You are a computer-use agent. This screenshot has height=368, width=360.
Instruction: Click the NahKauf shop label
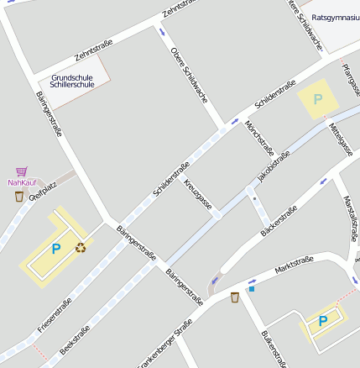coord(22,182)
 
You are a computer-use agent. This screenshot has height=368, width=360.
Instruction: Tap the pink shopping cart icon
coord(22,171)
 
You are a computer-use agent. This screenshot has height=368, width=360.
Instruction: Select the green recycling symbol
coord(81,247)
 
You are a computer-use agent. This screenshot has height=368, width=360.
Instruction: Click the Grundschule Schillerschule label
coord(72,81)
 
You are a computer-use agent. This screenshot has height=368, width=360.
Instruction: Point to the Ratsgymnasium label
coord(335,17)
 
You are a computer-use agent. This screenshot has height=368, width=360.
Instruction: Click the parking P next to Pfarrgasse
coord(317,99)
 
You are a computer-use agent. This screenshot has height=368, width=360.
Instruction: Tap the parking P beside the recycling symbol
coord(56,249)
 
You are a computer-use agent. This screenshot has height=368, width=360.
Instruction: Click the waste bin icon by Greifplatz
coord(19,197)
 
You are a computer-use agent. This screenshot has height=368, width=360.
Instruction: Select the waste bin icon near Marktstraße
coord(235,297)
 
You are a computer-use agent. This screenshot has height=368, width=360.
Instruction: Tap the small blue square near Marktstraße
coord(251,289)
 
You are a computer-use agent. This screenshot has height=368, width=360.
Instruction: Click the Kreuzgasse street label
coord(198,195)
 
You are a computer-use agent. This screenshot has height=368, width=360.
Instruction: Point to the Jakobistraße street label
coord(274,166)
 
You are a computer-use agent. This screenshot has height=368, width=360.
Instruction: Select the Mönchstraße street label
coord(258,136)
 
